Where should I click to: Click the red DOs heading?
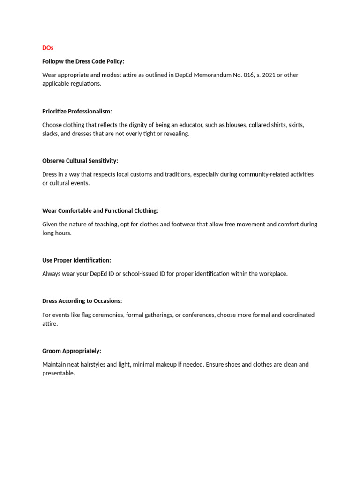[x=47, y=48]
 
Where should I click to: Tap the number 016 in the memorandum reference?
[x=247, y=75]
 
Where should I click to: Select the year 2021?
[x=269, y=75]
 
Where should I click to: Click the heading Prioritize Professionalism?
[x=77, y=111]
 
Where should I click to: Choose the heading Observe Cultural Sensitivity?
[x=80, y=161]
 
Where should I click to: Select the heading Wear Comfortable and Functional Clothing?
[x=100, y=210]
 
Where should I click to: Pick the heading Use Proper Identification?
[x=76, y=260]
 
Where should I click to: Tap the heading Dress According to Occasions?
[x=82, y=301]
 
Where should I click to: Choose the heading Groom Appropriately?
[x=72, y=351]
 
